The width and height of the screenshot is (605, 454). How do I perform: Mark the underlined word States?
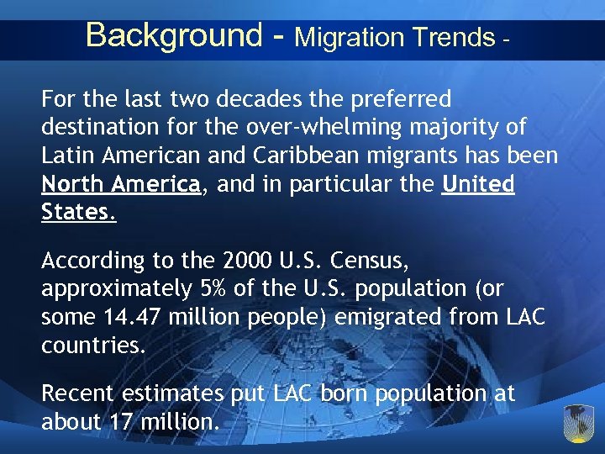click(x=78, y=212)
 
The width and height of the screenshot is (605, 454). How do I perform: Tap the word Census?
click(x=375, y=261)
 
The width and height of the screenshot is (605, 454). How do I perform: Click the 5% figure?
click(x=209, y=288)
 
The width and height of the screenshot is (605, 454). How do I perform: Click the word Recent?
click(x=80, y=393)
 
